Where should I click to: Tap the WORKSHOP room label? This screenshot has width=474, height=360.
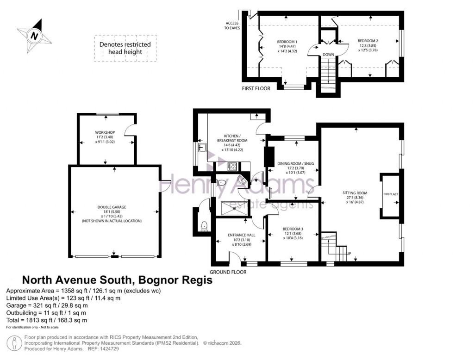coord(106,132)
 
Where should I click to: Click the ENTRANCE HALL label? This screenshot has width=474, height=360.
coord(241,235)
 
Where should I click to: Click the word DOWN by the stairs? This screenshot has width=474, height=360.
coord(328,55)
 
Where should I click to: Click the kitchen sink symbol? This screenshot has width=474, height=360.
coord(201,148)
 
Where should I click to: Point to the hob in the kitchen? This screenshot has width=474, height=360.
coord(232,166)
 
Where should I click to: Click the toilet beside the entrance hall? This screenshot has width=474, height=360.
coord(203,225)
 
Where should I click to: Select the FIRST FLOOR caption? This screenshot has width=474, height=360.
coord(256,88)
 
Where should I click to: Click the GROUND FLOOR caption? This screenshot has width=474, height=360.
coord(228,272)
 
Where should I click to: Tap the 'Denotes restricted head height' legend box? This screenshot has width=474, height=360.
coord(125,48)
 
